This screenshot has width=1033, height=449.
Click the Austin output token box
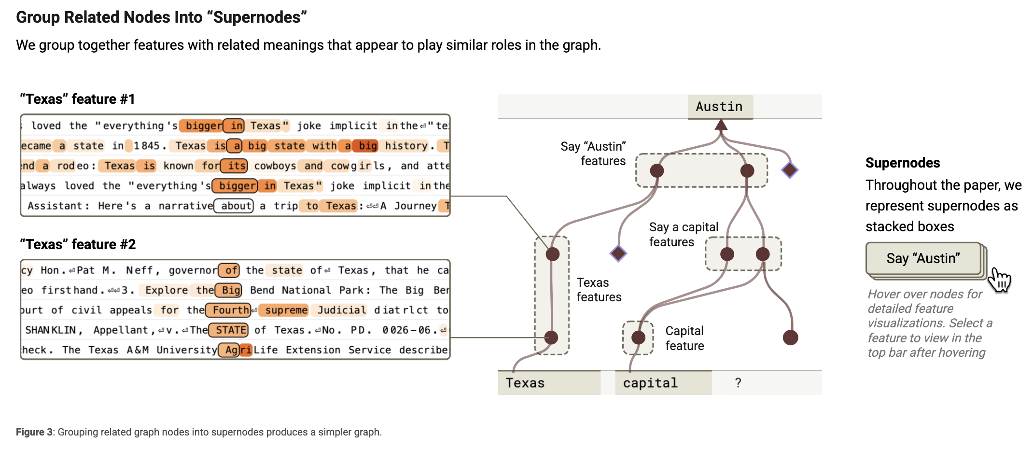tap(720, 107)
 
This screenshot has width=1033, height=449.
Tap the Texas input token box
tap(549, 383)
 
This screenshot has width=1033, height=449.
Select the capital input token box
tap(663, 383)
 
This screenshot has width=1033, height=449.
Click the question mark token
tap(738, 383)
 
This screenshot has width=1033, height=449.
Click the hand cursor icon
tap(999, 280)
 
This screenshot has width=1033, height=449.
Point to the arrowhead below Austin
tap(721, 125)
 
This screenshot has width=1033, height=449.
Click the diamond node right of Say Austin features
tap(790, 170)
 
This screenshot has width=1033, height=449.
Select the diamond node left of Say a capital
tap(618, 253)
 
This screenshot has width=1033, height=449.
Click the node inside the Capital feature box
tap(638, 337)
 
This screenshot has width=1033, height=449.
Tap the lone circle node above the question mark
tap(790, 337)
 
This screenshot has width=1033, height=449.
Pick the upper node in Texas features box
tap(553, 254)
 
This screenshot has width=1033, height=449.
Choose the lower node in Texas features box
tap(551, 337)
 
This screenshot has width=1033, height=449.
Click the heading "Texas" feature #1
tap(77, 99)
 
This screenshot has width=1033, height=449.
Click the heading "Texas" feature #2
tap(78, 244)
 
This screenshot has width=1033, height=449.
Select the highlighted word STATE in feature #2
tap(229, 330)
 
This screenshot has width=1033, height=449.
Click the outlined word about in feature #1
tap(234, 206)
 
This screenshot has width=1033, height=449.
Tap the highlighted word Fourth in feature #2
tap(229, 310)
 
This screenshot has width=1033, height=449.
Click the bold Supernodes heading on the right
tap(903, 163)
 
